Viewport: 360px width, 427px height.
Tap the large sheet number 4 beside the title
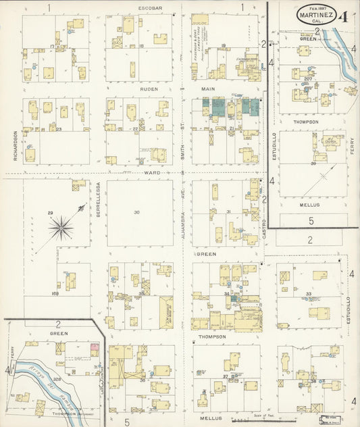(344, 16)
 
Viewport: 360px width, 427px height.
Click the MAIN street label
(207, 88)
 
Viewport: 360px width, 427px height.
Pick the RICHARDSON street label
(14, 145)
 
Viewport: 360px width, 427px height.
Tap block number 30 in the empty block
(136, 213)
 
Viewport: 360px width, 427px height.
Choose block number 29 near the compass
(50, 214)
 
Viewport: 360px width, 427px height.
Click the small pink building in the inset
(94, 346)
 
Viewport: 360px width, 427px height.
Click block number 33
(308, 293)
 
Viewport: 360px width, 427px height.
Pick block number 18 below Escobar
(141, 46)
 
